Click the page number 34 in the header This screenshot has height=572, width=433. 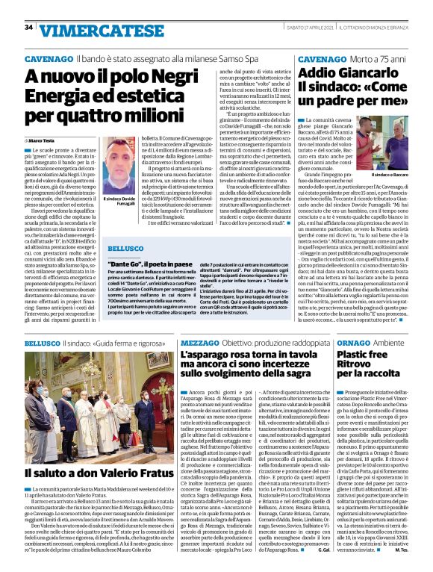click(28, 28)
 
